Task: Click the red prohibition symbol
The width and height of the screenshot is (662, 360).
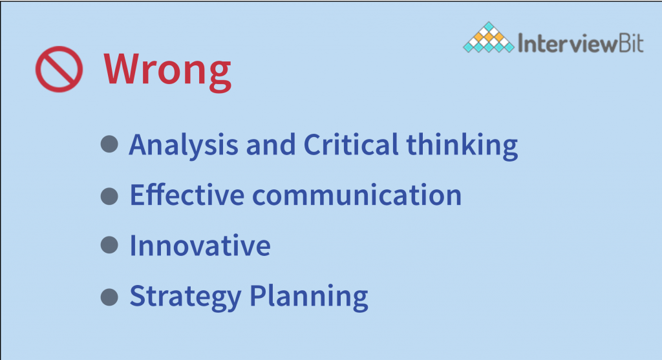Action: click(x=59, y=50)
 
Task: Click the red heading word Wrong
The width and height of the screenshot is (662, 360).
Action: click(x=167, y=70)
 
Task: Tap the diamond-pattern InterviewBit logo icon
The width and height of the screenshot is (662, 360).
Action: click(x=489, y=37)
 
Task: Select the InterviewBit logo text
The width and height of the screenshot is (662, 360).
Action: click(x=581, y=43)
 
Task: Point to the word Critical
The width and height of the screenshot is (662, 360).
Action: click(x=351, y=144)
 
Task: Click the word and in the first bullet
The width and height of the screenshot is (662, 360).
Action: click(x=271, y=144)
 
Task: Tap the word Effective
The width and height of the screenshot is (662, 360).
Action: click(x=187, y=195)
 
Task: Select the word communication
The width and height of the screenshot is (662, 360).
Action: click(x=357, y=195)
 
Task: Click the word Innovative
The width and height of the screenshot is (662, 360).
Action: click(x=200, y=246)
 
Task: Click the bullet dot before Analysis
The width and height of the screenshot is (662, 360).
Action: click(x=109, y=144)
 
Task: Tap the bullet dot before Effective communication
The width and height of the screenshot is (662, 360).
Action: click(x=109, y=196)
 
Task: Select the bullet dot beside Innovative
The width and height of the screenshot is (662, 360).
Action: click(x=109, y=245)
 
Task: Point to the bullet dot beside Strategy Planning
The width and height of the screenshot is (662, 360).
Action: click(x=109, y=297)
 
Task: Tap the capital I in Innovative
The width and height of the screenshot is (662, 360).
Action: click(x=133, y=245)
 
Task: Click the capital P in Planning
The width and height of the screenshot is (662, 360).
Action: click(x=259, y=295)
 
